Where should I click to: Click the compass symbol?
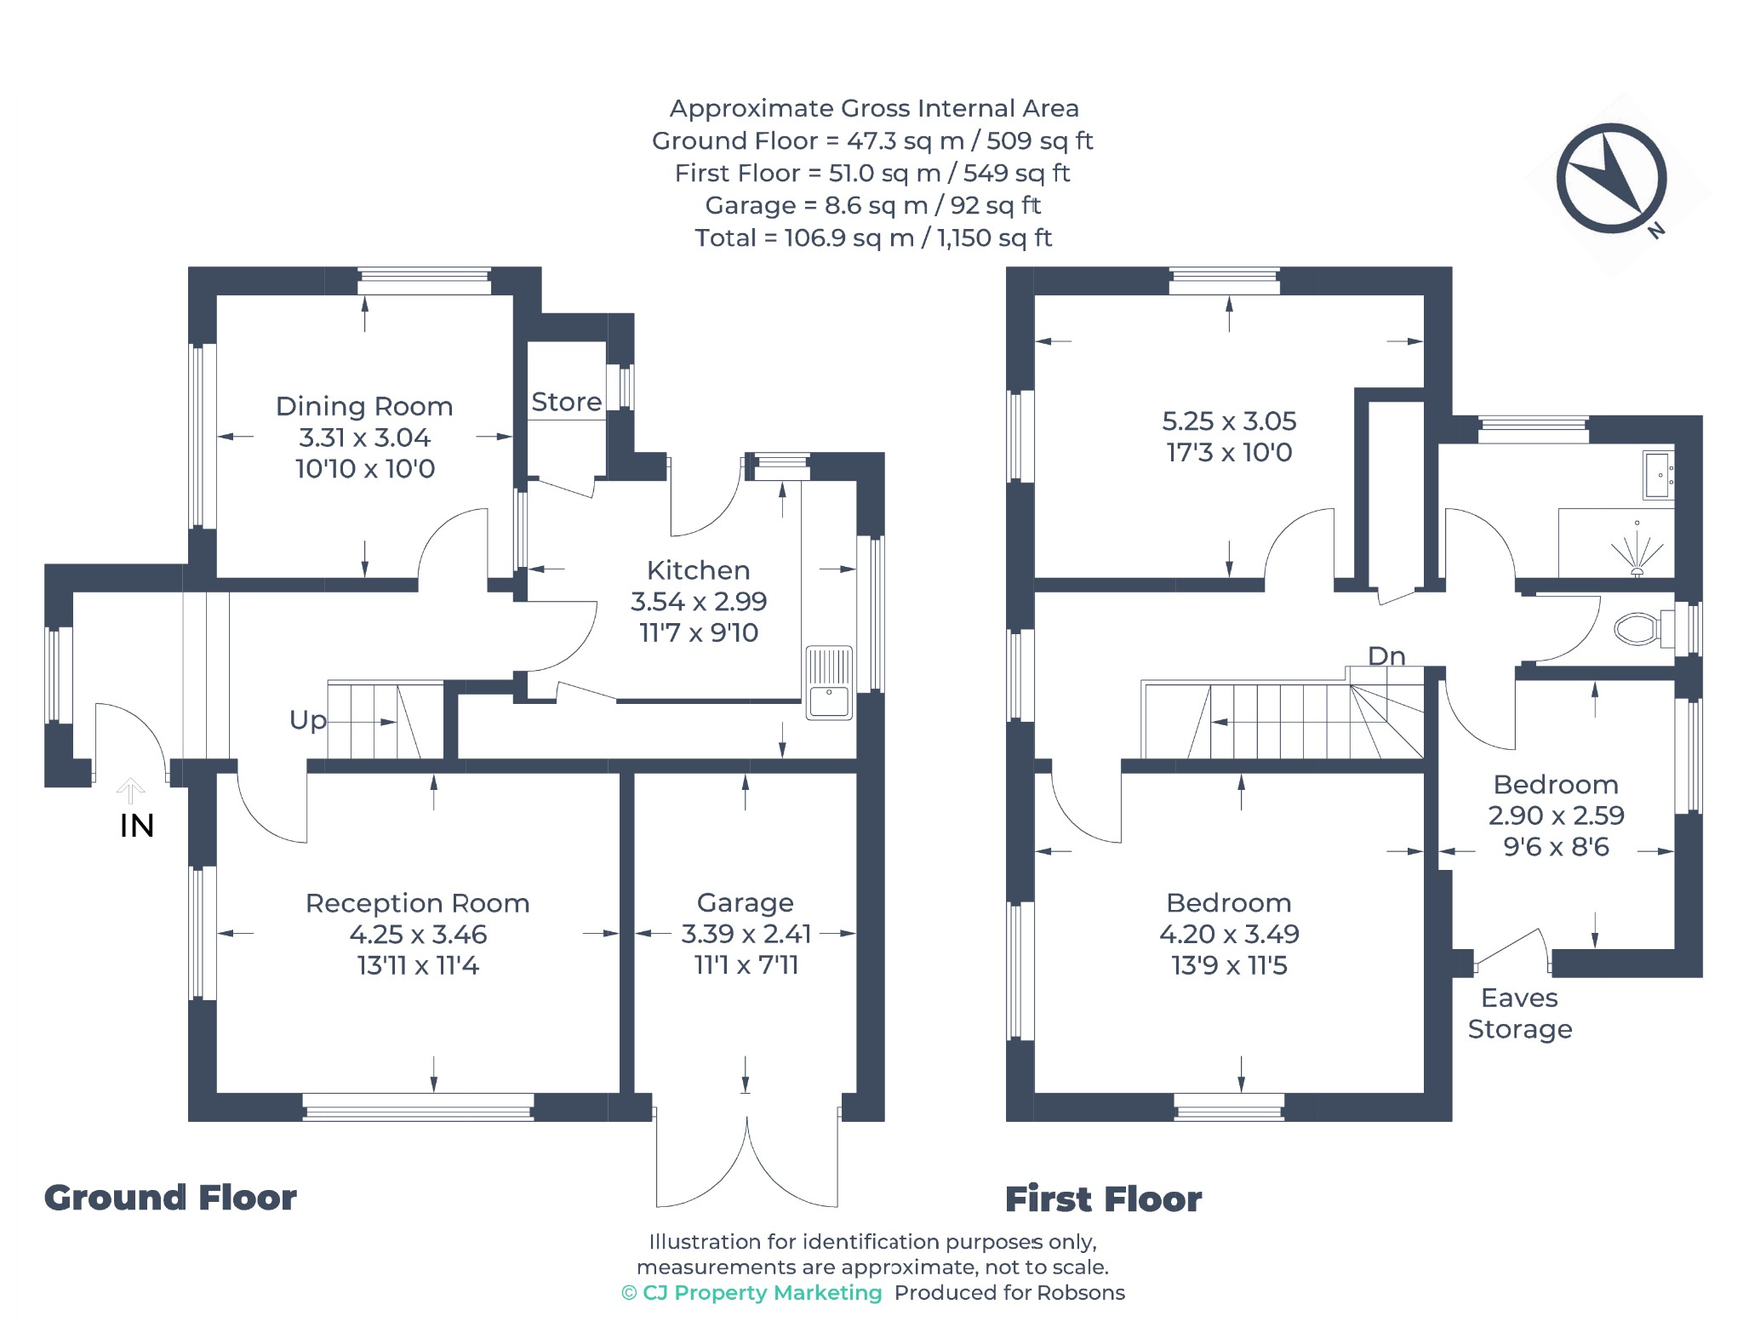pyautogui.click(x=1611, y=178)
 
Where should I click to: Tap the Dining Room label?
pyautogui.click(x=364, y=406)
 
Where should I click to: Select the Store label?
pyautogui.click(x=567, y=402)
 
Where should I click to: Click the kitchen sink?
pyautogui.click(x=829, y=683)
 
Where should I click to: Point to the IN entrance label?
pyautogui.click(x=137, y=826)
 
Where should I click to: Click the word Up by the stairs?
pyautogui.click(x=307, y=721)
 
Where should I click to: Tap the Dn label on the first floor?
pyautogui.click(x=1386, y=655)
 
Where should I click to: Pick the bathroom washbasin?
pyautogui.click(x=1657, y=474)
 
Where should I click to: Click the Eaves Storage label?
pyautogui.click(x=1520, y=1013)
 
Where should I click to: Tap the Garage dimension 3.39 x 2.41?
pyautogui.click(x=746, y=934)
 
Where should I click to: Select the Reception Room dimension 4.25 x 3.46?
pyautogui.click(x=418, y=935)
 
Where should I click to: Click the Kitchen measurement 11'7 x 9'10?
pyautogui.click(x=699, y=632)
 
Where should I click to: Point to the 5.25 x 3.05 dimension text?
pyautogui.click(x=1229, y=420)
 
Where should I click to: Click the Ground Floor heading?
pyautogui.click(x=170, y=1198)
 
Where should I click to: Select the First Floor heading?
pyautogui.click(x=1103, y=1199)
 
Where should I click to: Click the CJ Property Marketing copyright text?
pyautogui.click(x=752, y=1293)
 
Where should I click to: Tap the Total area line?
pyautogui.click(x=873, y=237)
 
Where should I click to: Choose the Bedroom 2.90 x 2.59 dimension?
pyautogui.click(x=1556, y=815)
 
